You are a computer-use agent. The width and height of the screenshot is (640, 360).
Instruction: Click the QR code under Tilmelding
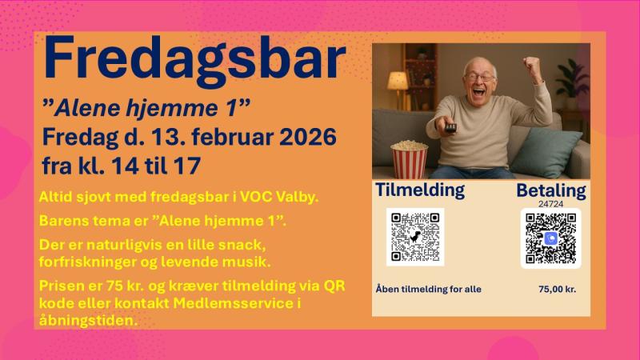coord(414,237)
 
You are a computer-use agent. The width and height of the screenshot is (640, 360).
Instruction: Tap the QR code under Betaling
coord(550,238)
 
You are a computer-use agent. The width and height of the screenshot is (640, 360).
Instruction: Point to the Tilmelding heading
coord(420,190)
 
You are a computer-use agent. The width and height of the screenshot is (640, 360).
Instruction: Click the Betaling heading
coord(550,190)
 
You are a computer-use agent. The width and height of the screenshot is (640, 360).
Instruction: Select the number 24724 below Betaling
coord(550,204)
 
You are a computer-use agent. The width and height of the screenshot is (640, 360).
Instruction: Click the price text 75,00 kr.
coord(558,289)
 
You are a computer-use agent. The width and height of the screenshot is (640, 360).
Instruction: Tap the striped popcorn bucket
coord(409,158)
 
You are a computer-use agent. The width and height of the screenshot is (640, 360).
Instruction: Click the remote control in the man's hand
coord(451,127)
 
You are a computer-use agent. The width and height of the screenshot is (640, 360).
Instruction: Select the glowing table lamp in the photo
coord(398,81)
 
